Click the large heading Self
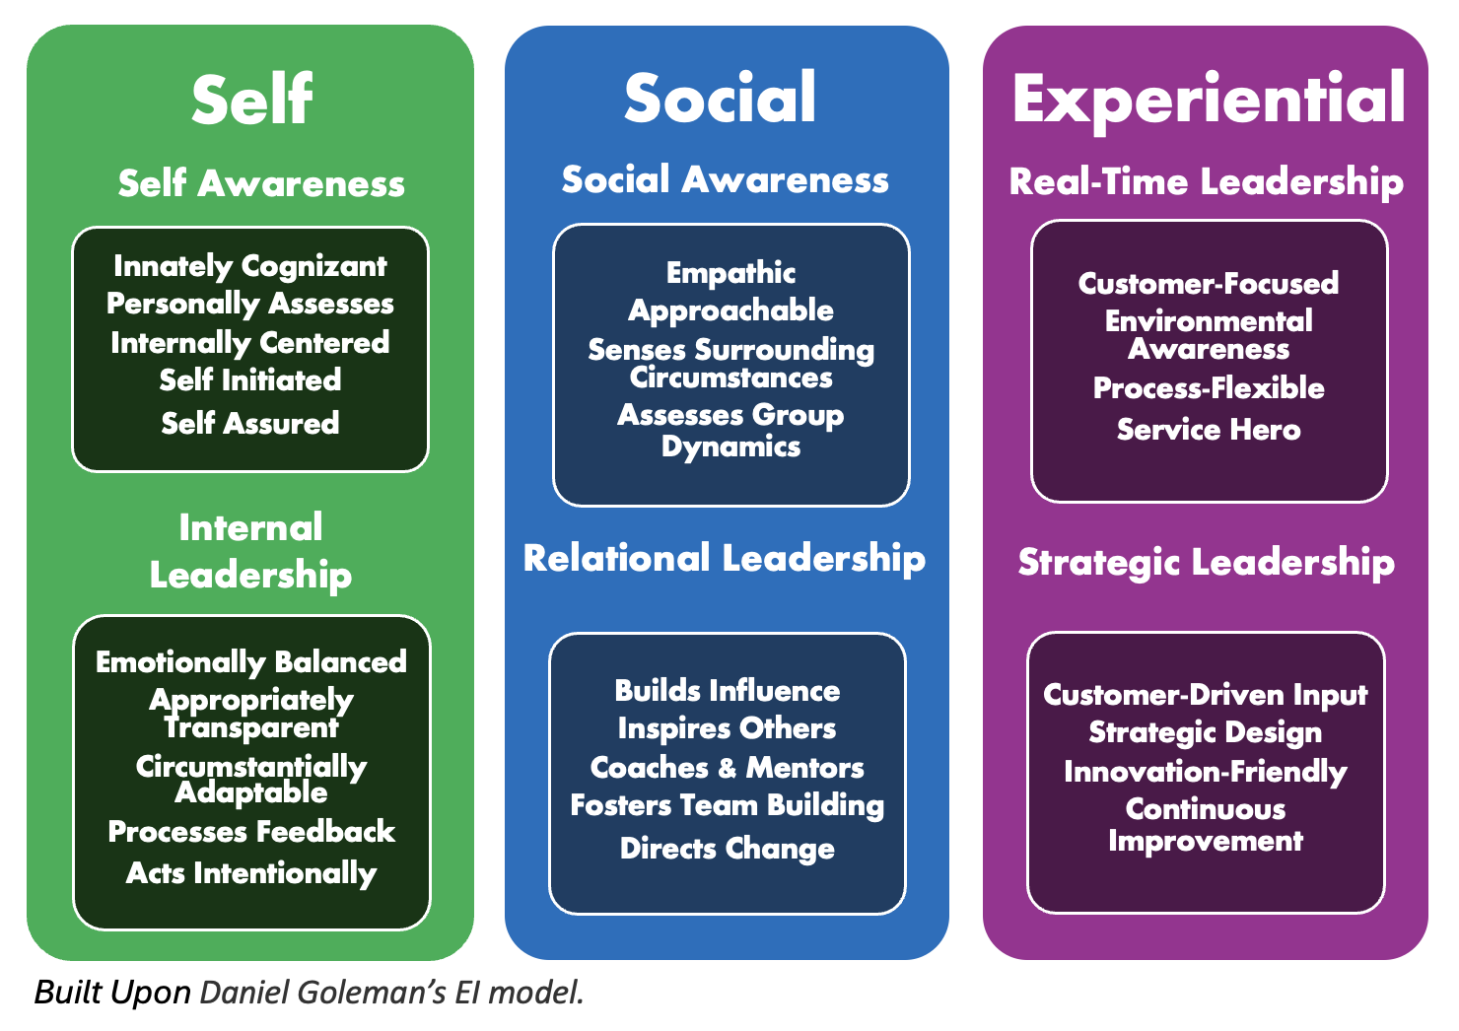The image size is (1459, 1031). (x=251, y=100)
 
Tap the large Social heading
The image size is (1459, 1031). (x=721, y=98)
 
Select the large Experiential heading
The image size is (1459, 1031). (x=1208, y=100)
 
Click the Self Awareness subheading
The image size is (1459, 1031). (x=261, y=183)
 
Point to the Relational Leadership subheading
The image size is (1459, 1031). (x=725, y=558)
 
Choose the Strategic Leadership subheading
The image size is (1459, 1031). (x=1206, y=562)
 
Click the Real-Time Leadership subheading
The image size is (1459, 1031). (x=1206, y=181)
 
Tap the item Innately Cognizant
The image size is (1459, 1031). (x=250, y=266)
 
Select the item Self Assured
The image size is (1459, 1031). (x=250, y=423)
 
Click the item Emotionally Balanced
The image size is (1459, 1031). (x=251, y=661)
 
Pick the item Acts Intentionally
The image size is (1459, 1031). (x=251, y=873)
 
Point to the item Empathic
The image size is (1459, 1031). (x=730, y=273)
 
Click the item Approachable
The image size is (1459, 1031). (x=730, y=310)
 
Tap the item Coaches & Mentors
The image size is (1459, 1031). (x=727, y=767)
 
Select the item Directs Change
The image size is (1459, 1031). (x=727, y=849)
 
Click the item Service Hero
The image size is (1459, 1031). (x=1209, y=430)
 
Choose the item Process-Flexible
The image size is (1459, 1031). (x=1209, y=388)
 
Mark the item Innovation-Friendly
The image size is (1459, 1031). (x=1206, y=772)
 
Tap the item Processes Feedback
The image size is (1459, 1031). (x=251, y=832)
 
